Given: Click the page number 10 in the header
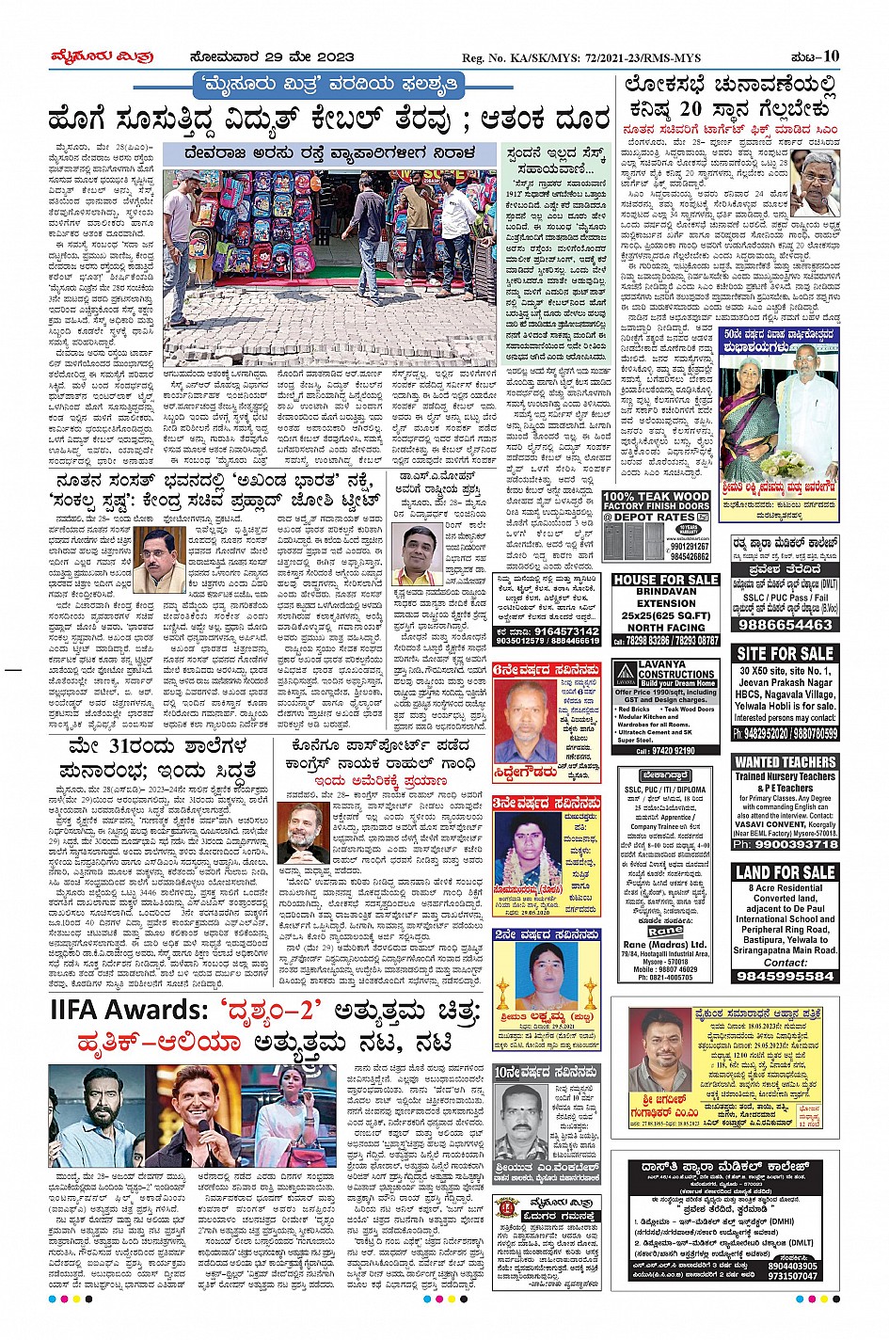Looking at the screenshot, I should [x=831, y=56].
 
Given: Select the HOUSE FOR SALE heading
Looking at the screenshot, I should [x=666, y=580].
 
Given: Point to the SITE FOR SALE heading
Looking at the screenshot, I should [x=785, y=653].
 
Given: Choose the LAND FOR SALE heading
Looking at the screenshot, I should [x=785, y=872].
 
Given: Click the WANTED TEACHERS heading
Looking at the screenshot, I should [x=785, y=761].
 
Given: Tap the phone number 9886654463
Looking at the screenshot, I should [x=785, y=624].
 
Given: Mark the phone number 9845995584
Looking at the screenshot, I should [x=785, y=976].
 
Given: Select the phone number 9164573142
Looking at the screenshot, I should [x=561, y=631].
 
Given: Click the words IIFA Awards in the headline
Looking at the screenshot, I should [x=127, y=1011].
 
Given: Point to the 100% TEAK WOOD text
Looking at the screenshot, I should [x=656, y=496].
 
